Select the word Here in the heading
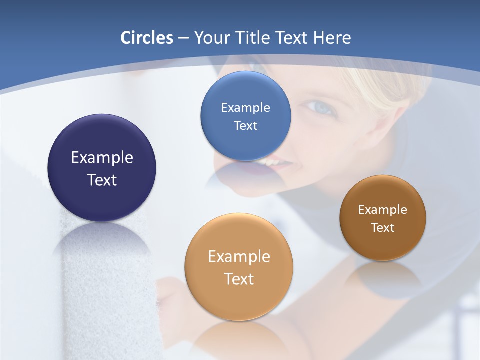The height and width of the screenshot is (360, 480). (x=332, y=38)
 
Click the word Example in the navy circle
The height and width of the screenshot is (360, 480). (x=102, y=157)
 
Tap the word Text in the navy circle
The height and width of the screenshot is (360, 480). (x=102, y=180)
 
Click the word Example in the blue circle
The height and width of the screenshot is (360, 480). (x=245, y=107)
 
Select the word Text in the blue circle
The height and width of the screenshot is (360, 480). (x=245, y=125)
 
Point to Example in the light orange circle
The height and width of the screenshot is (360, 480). (x=239, y=256)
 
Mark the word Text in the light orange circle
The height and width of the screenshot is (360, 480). (x=239, y=279)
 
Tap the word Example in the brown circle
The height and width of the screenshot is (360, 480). (x=383, y=209)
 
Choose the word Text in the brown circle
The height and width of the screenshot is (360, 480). (x=383, y=227)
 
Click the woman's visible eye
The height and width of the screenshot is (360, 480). (x=317, y=106)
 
